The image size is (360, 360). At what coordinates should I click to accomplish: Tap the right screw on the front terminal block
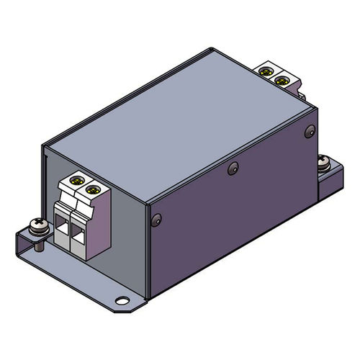click(x=91, y=190)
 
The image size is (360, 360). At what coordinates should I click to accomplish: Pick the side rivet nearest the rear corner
click(x=309, y=132)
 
